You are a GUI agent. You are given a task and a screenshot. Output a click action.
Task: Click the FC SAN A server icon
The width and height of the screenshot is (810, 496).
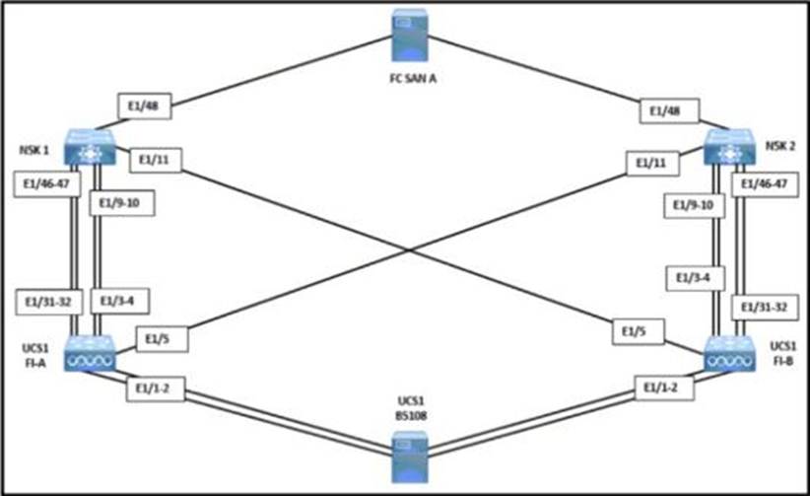point(410,35)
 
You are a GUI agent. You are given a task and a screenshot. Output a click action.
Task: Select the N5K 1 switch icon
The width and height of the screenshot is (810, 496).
point(90,147)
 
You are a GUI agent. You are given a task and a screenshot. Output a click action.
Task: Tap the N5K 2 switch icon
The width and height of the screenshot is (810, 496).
point(729,147)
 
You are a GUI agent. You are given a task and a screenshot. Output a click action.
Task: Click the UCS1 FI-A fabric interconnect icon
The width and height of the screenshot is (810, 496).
point(90,353)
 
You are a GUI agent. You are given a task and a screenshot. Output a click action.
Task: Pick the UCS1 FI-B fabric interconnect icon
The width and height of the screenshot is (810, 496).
point(729,353)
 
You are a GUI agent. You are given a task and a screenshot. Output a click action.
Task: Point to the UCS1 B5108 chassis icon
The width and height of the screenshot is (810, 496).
point(410,457)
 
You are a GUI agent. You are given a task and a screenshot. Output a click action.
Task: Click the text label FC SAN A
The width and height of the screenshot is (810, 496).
point(413,79)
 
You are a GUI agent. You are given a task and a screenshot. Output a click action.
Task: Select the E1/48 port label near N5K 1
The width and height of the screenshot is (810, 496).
point(144,106)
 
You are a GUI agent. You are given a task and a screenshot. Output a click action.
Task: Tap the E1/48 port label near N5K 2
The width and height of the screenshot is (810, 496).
point(669,111)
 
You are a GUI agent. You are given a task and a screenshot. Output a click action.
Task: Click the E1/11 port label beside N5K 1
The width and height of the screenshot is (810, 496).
point(155,161)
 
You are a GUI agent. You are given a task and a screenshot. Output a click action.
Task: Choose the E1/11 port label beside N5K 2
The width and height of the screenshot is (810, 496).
point(652,164)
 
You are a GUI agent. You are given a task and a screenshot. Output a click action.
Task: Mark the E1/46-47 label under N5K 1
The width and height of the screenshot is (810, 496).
point(46,184)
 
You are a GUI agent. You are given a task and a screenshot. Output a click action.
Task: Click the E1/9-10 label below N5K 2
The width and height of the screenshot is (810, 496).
point(694,205)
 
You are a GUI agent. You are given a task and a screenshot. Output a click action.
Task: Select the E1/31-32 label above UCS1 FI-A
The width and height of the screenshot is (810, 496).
point(48,302)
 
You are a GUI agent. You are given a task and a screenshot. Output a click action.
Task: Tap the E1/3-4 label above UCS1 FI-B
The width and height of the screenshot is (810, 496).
point(695,278)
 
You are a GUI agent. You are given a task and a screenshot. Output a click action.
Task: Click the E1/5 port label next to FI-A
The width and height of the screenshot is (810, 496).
point(161,339)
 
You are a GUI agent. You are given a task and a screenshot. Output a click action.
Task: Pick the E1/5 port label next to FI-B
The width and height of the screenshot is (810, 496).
point(638,331)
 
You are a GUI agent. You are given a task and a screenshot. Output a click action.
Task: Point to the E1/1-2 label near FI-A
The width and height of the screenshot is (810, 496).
point(155,389)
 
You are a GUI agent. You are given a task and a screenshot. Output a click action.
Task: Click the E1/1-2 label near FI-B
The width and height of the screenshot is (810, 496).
point(664,388)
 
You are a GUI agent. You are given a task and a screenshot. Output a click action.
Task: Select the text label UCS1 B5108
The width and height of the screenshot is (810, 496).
point(411,408)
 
